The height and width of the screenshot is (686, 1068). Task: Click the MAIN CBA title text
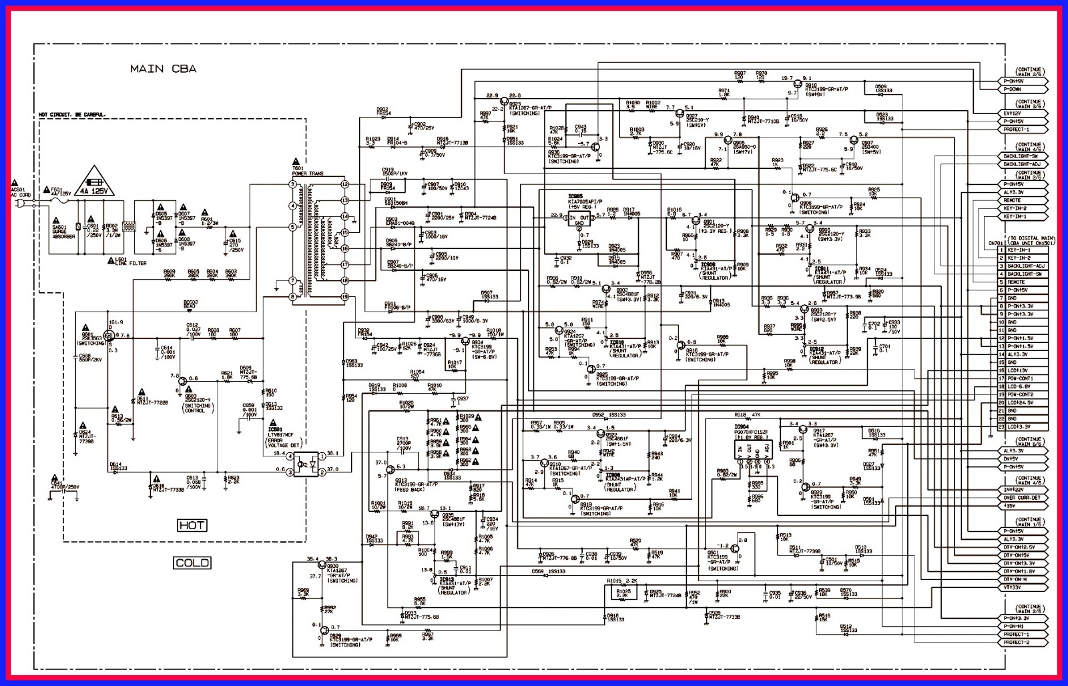click(x=163, y=69)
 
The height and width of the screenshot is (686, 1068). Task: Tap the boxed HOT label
click(x=191, y=526)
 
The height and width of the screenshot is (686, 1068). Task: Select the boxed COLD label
click(x=192, y=563)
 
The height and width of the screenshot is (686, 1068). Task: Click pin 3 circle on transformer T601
click(x=292, y=184)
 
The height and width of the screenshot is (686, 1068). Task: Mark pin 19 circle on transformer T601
click(x=345, y=296)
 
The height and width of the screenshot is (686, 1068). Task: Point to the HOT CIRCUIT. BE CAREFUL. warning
click(x=72, y=115)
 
